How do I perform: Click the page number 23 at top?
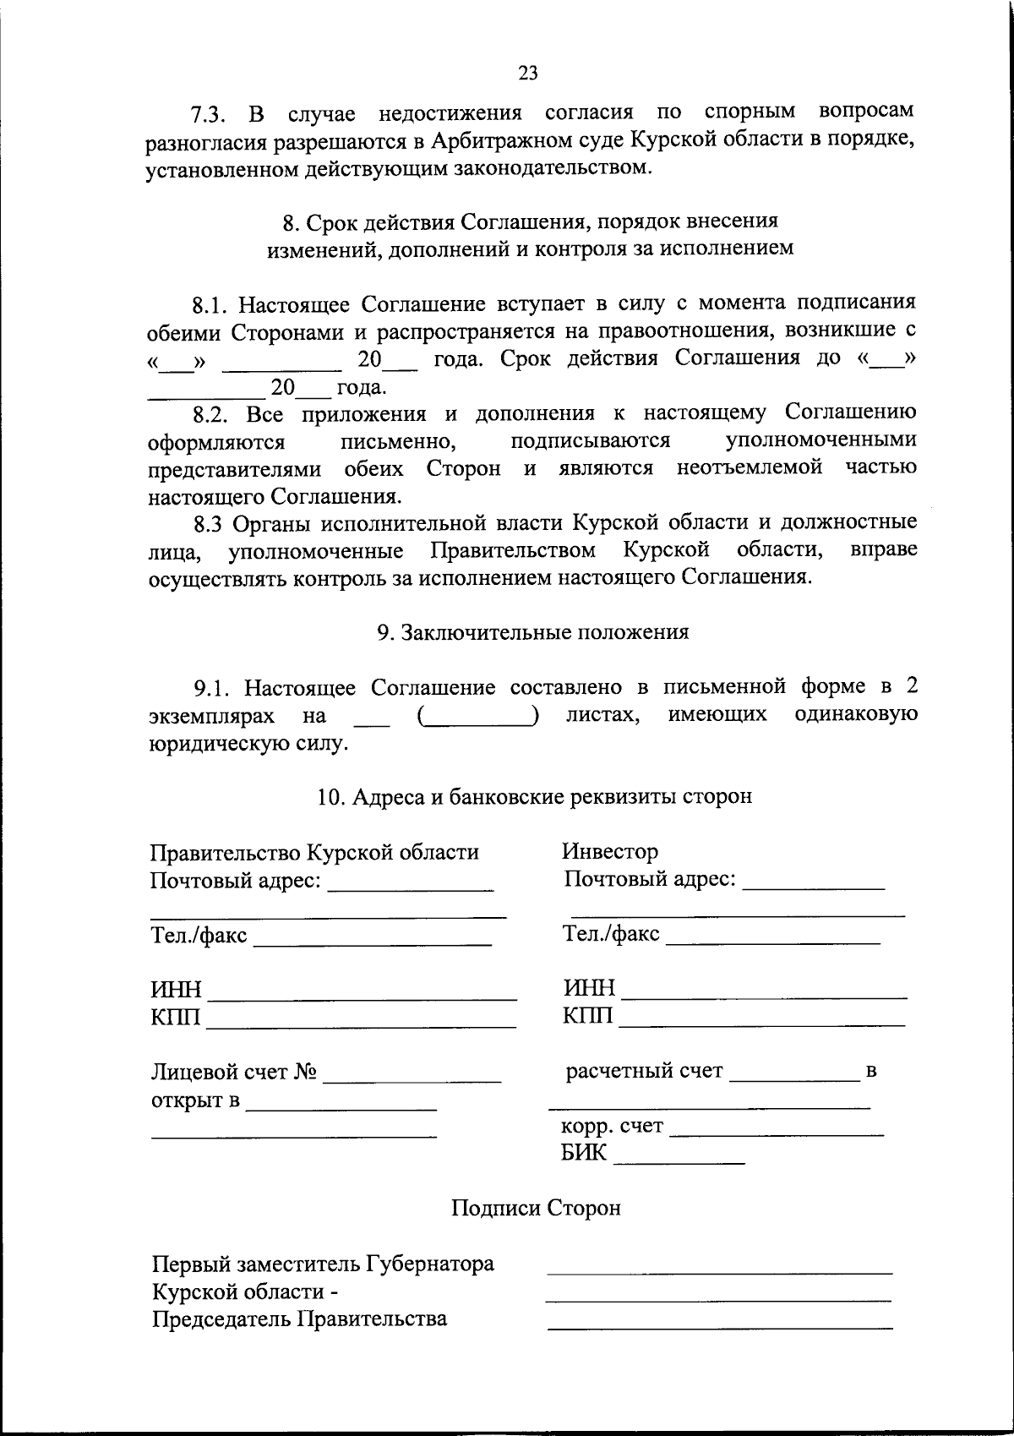(x=527, y=73)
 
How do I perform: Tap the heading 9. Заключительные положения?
(x=532, y=632)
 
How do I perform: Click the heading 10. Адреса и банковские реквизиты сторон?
(x=534, y=796)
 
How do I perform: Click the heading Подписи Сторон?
(x=536, y=1208)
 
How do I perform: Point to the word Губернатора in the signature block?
(x=430, y=1264)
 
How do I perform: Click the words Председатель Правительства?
(x=299, y=1319)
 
